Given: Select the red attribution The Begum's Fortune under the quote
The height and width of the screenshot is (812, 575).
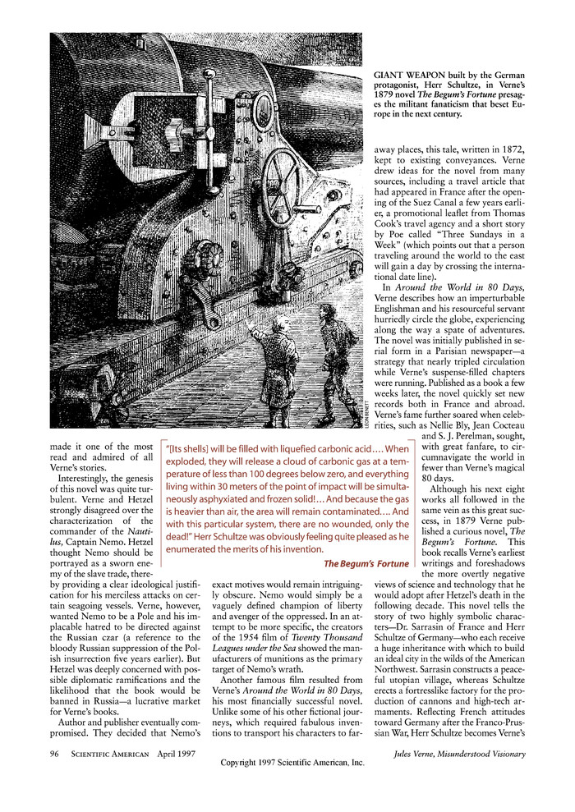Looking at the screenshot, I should coord(366,564).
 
